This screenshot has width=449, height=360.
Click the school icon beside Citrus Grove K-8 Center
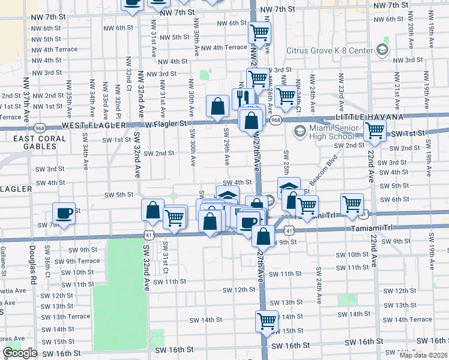(381, 50)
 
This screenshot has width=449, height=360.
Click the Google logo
(20, 353)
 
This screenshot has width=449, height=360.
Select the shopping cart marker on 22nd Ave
(375, 130)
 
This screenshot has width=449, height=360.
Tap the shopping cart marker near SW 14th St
(267, 320)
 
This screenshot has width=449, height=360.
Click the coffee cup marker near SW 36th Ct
(64, 213)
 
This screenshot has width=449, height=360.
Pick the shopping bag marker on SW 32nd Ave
(153, 210)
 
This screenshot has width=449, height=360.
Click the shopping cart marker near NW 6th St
(259, 32)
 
